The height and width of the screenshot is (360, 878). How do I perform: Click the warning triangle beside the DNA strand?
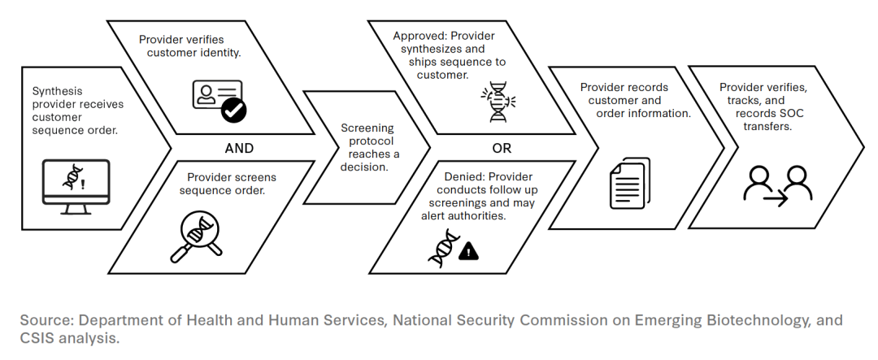pyautogui.click(x=469, y=252)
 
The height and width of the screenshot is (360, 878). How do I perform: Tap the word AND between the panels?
pyautogui.click(x=239, y=148)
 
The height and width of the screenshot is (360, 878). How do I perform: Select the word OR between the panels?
pyautogui.click(x=502, y=148)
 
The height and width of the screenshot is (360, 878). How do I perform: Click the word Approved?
pyautogui.click(x=419, y=37)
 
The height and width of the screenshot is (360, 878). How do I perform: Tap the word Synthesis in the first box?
pyautogui.click(x=57, y=91)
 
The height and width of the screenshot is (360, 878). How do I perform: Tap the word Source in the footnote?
pyautogui.click(x=43, y=319)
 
